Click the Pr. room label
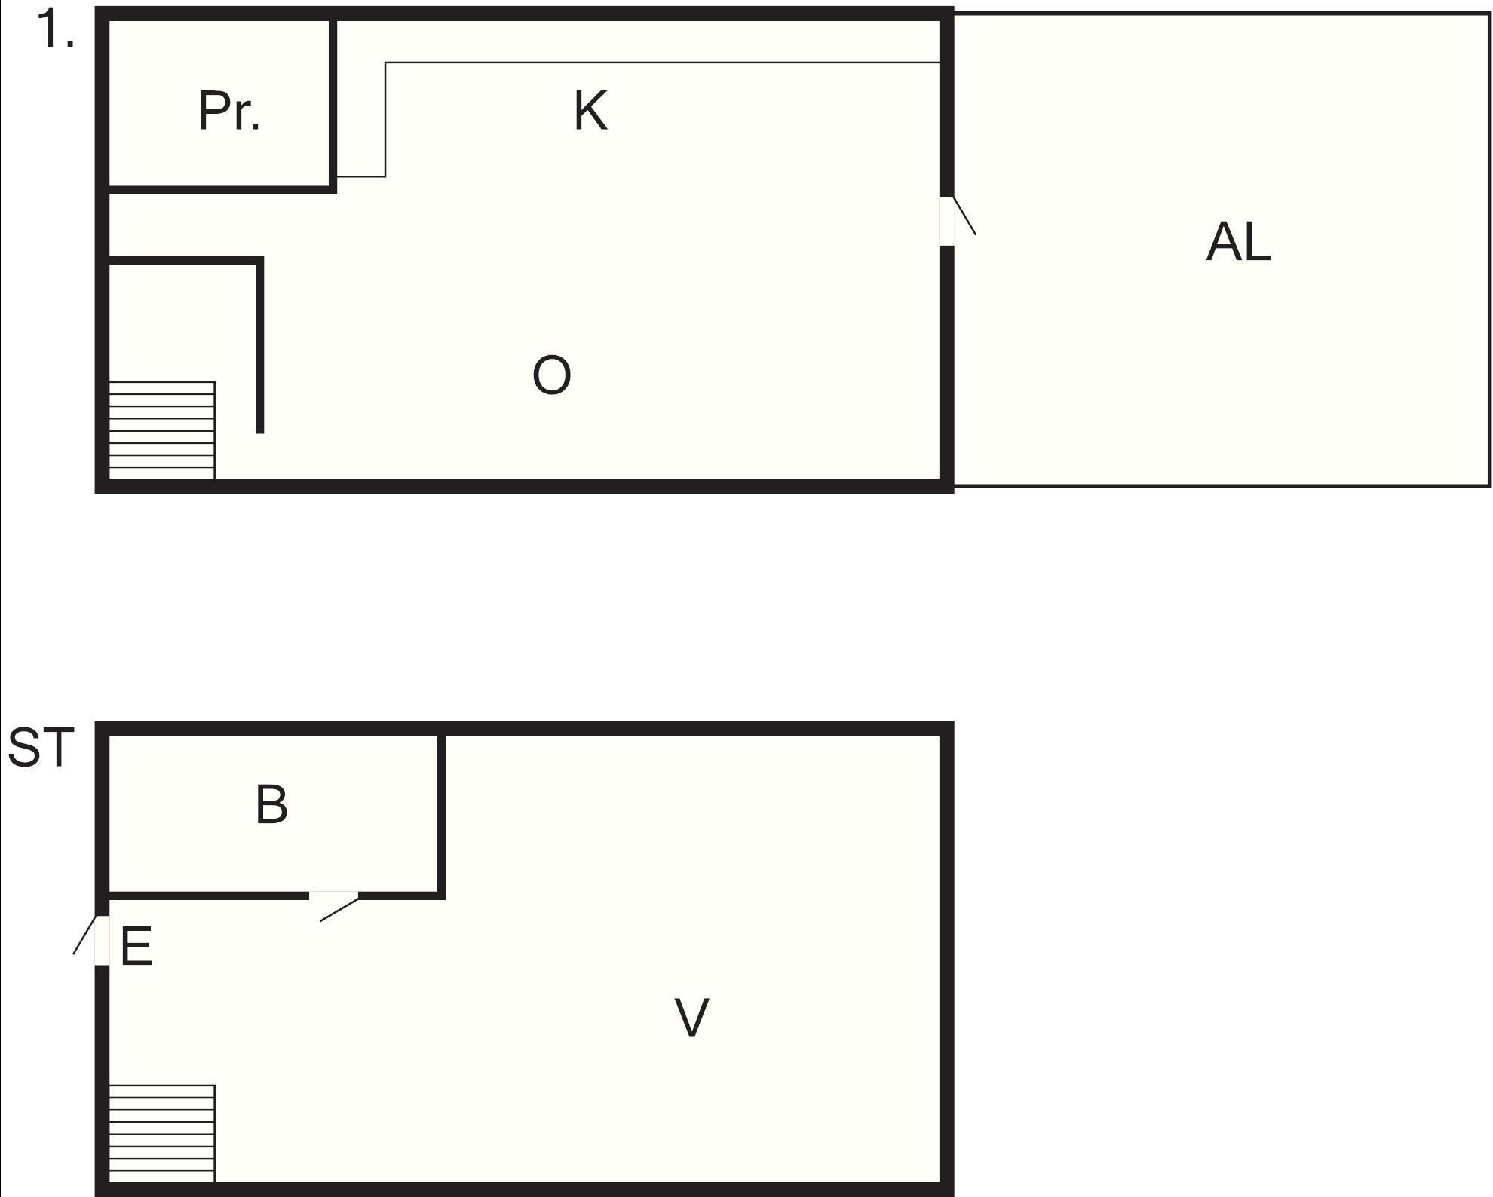coord(229,112)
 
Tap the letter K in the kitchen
coord(590,111)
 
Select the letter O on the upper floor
coord(551,375)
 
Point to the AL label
coord(1238,242)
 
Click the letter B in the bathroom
coord(271,804)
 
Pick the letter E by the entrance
coord(136,947)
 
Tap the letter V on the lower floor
coord(691,1018)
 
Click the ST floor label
coord(41,747)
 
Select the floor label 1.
coord(55,29)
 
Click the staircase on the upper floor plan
coord(162,430)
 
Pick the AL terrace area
coord(1222,250)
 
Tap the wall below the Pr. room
coord(222,189)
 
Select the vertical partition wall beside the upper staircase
coord(260,345)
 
